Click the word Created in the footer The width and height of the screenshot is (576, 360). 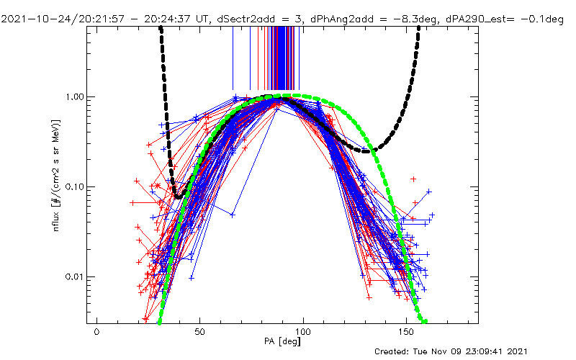click(393, 351)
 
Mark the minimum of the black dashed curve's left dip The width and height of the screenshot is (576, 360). click(177, 197)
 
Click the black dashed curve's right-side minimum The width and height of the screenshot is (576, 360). click(369, 151)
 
